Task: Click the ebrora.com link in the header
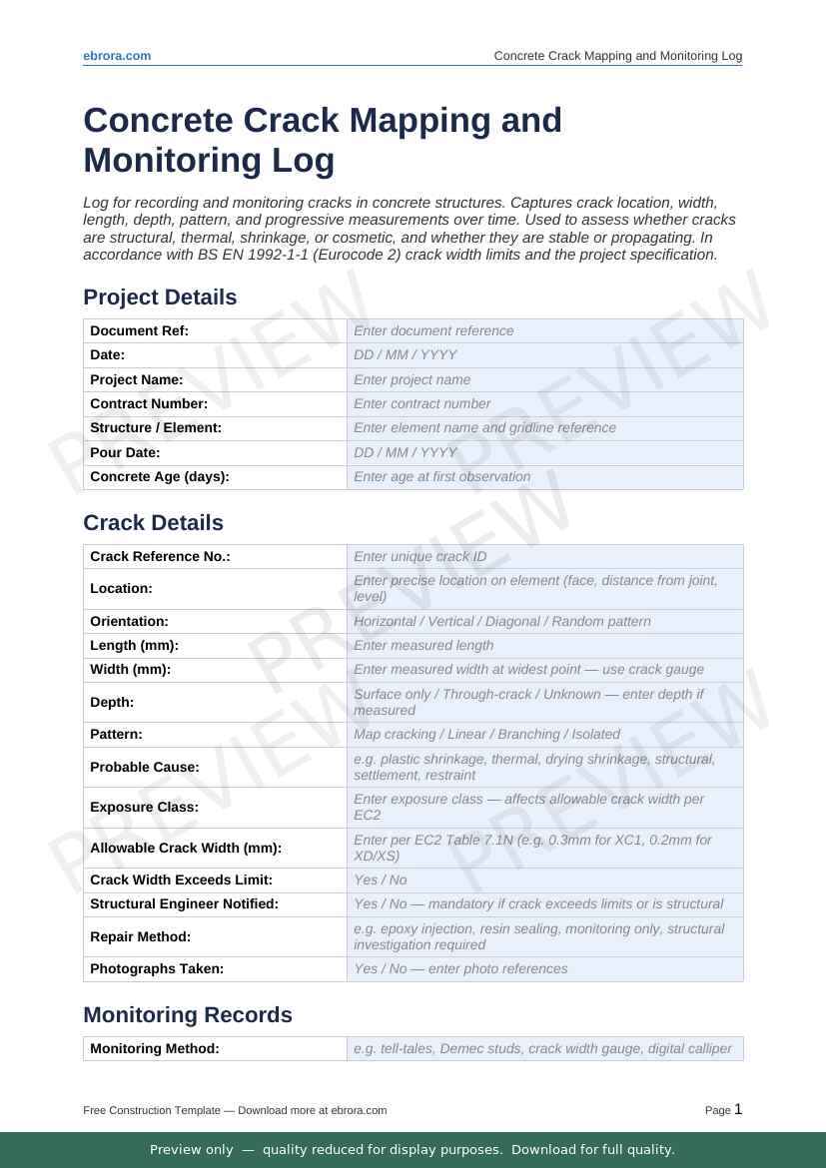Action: (117, 56)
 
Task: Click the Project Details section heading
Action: (160, 297)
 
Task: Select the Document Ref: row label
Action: (139, 330)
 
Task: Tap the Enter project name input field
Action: (544, 379)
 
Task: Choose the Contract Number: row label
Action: (149, 403)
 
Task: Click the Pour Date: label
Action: (125, 452)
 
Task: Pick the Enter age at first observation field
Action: (544, 477)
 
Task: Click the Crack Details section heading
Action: (153, 523)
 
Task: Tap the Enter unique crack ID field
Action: (544, 556)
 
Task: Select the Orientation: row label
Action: (129, 621)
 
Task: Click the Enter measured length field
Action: (544, 645)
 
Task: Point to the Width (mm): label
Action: (130, 669)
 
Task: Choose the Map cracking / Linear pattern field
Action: (544, 734)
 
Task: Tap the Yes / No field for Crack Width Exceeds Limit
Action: (544, 879)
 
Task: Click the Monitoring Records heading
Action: (188, 1015)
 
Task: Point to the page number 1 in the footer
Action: (738, 1109)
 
